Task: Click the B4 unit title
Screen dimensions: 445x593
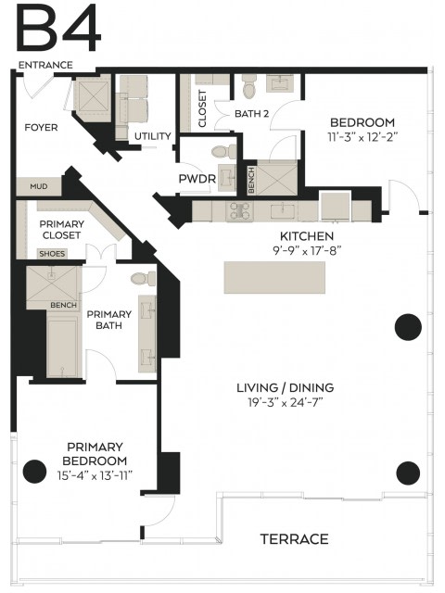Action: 59,29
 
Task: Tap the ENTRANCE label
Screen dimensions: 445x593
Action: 45,65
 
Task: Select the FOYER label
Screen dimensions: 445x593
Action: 41,128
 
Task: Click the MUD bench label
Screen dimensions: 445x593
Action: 39,186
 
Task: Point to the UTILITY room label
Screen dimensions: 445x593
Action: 153,136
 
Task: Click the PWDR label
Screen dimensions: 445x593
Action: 197,179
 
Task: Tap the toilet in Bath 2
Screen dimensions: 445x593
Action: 249,86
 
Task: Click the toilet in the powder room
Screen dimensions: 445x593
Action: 223,152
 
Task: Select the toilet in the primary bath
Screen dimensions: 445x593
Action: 143,279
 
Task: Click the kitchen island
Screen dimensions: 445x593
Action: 274,277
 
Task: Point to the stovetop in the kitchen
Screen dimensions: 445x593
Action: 240,211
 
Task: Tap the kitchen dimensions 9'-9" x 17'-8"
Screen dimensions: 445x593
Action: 307,250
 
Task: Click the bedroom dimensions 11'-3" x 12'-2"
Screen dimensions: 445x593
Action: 362,137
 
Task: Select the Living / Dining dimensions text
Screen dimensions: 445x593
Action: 285,402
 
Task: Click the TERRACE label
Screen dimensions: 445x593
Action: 294,539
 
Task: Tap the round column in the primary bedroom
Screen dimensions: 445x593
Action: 34,472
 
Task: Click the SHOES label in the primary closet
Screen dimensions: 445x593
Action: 52,254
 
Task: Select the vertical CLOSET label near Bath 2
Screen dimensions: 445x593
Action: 202,108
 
